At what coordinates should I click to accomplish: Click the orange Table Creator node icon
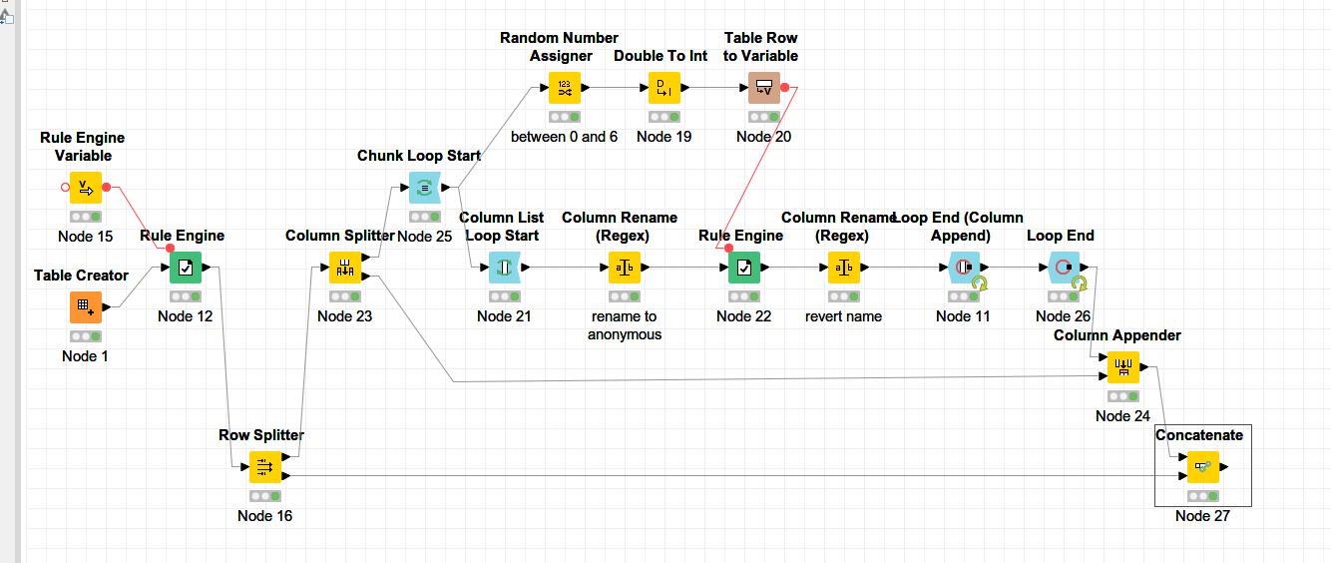(x=85, y=307)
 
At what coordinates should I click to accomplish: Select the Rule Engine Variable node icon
(x=85, y=187)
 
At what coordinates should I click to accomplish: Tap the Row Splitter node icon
(x=264, y=466)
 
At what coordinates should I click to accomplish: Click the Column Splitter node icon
(x=344, y=268)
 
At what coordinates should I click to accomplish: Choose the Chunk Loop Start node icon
(x=424, y=187)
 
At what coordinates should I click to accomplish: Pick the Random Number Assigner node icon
(x=564, y=88)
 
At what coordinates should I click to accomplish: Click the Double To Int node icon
(x=664, y=88)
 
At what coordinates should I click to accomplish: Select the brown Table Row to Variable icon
(x=763, y=88)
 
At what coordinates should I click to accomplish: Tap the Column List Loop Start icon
(x=504, y=268)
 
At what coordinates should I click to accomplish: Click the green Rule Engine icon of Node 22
(x=743, y=268)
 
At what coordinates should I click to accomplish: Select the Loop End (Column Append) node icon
(x=963, y=268)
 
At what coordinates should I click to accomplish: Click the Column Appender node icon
(x=1122, y=367)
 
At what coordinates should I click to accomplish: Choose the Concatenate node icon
(x=1202, y=466)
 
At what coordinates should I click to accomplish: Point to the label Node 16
(x=264, y=516)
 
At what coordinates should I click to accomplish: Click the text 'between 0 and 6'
(x=564, y=137)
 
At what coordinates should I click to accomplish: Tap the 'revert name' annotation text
(x=843, y=316)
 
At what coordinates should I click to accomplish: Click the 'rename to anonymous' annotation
(x=624, y=325)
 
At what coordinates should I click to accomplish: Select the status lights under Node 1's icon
(x=85, y=336)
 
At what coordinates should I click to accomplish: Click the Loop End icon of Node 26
(x=1064, y=268)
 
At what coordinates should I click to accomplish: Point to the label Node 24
(x=1122, y=416)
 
